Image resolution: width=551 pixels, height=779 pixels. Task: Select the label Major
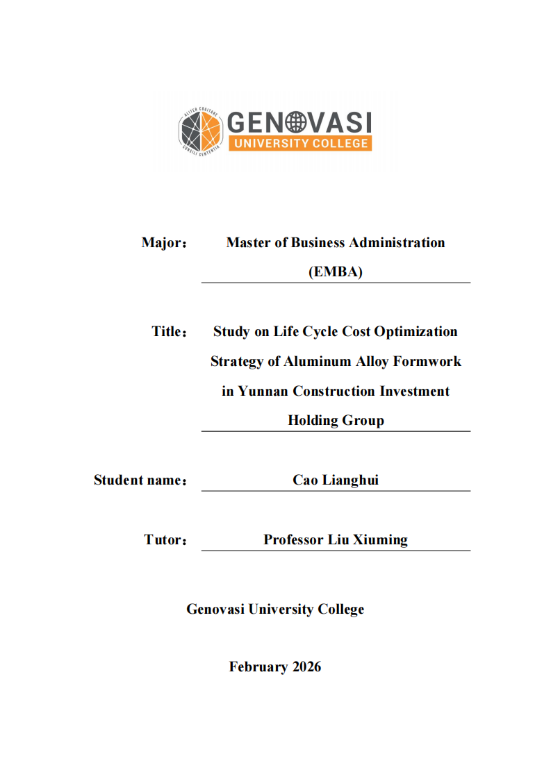(164, 243)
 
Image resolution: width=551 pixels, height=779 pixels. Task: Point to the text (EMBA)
(336, 272)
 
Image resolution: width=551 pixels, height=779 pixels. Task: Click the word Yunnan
(263, 392)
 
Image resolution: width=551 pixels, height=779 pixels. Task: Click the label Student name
(140, 480)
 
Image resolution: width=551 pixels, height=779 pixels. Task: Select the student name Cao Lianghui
(336, 480)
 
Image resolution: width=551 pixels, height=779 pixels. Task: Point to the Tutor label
(165, 540)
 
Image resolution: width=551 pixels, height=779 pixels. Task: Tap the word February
(258, 667)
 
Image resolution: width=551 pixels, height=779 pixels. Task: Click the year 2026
(306, 667)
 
